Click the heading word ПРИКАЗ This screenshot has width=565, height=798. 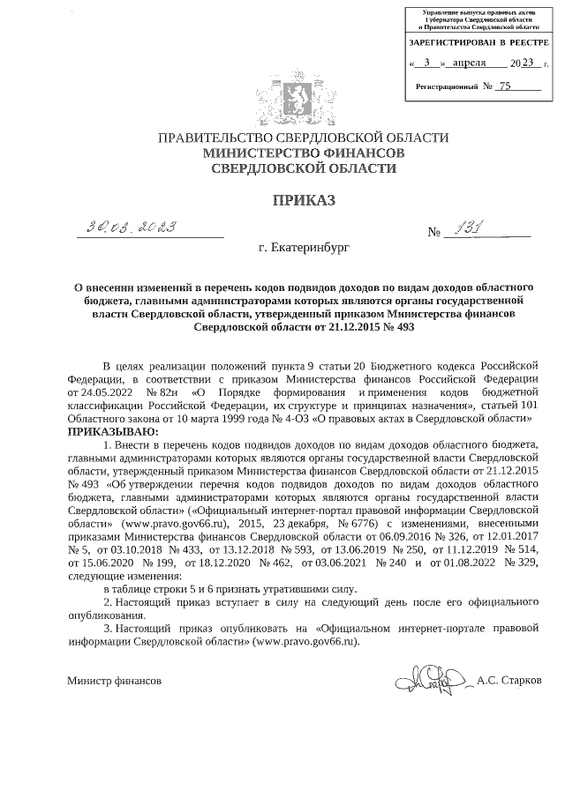[304, 200]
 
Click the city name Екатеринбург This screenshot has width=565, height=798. [305, 250]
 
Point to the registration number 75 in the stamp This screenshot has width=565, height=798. [505, 86]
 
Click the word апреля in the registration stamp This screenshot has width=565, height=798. [474, 63]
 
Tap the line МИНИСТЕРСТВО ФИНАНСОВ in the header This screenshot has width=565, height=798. [304, 153]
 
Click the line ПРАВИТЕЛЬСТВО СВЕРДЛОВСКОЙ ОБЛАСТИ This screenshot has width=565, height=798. [304, 138]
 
